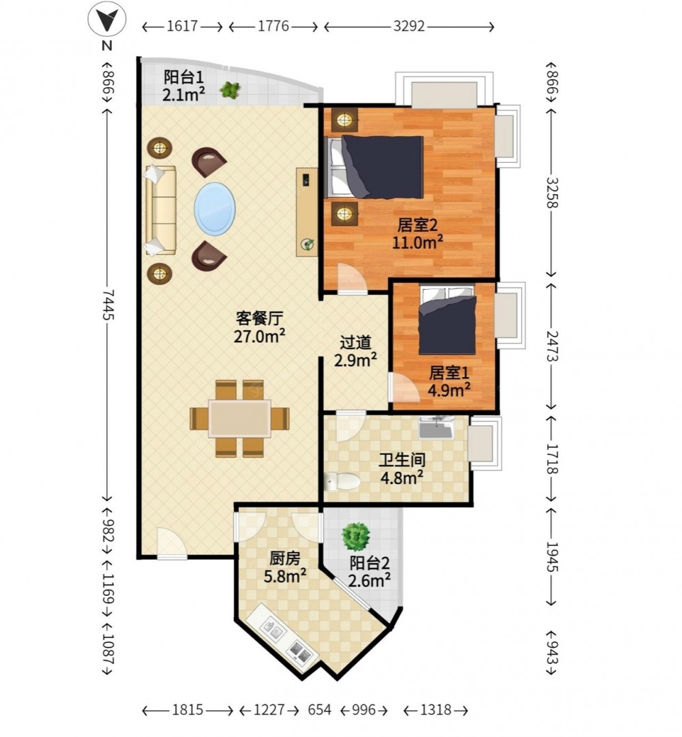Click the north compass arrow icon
coord(107,21)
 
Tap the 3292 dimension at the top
coord(409,27)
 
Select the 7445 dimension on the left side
coord(108,304)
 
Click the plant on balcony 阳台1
coord(230,89)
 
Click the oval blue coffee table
coord(215,208)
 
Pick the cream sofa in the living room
coord(160,210)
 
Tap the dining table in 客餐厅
coord(239,419)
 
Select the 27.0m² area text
coord(259,336)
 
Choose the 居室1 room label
coord(449,373)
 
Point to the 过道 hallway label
coord(355,343)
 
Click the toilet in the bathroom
coord(342,481)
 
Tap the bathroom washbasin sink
coord(436,427)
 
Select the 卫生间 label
coord(402,460)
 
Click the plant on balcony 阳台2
coord(356,537)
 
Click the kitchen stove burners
coord(300,652)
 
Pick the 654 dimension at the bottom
coord(320,709)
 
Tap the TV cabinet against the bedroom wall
coord(306,212)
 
